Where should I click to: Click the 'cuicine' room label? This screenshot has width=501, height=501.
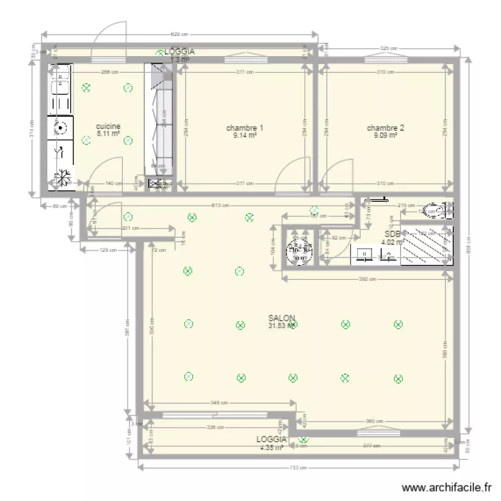click(108, 126)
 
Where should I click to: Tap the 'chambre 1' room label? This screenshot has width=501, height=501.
click(244, 128)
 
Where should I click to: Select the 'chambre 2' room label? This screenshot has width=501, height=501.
click(385, 128)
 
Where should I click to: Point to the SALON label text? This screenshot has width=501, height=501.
click(282, 319)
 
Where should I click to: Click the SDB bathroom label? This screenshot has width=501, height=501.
click(392, 234)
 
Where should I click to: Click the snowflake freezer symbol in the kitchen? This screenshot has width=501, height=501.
click(62, 178)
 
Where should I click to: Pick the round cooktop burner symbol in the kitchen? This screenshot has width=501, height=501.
click(60, 127)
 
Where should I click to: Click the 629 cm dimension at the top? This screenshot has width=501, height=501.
click(178, 35)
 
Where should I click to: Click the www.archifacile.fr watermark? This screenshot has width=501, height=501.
click(447, 488)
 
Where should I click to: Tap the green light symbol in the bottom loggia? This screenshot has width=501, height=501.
click(304, 440)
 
